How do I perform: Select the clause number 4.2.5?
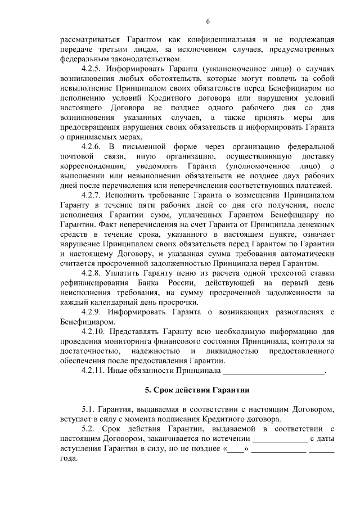92,68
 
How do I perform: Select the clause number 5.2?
89,429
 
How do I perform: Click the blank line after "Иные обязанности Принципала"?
274,371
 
